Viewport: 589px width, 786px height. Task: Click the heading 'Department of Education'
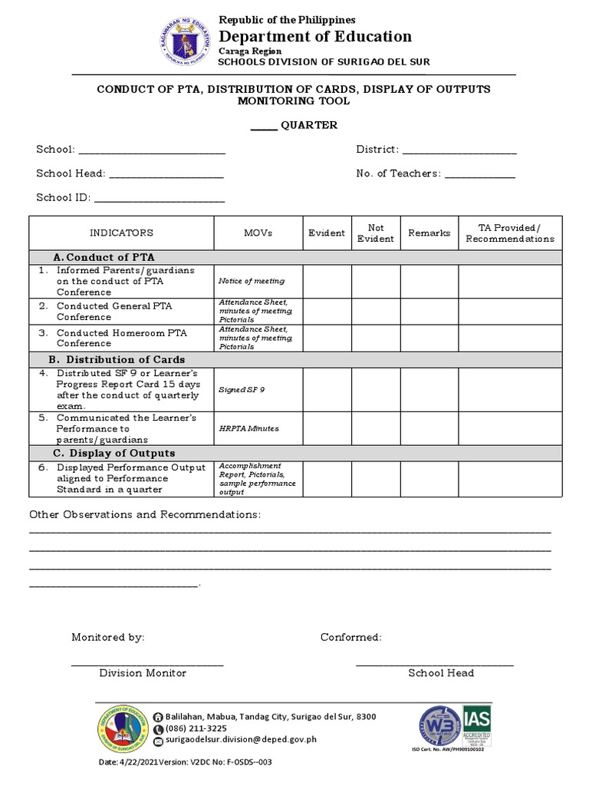[x=315, y=37]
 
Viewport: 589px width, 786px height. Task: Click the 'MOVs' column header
[x=258, y=233]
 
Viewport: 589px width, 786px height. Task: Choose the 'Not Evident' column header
[x=376, y=233]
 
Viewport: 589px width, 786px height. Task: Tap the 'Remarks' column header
[x=429, y=233]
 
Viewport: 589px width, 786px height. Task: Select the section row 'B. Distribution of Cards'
[x=117, y=359]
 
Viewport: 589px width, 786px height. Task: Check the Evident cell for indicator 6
[x=327, y=478]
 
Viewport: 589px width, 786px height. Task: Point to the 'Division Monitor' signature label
[x=143, y=673]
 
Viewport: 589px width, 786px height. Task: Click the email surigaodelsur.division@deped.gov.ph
[x=235, y=741]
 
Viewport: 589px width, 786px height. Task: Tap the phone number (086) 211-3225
[x=196, y=728]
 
